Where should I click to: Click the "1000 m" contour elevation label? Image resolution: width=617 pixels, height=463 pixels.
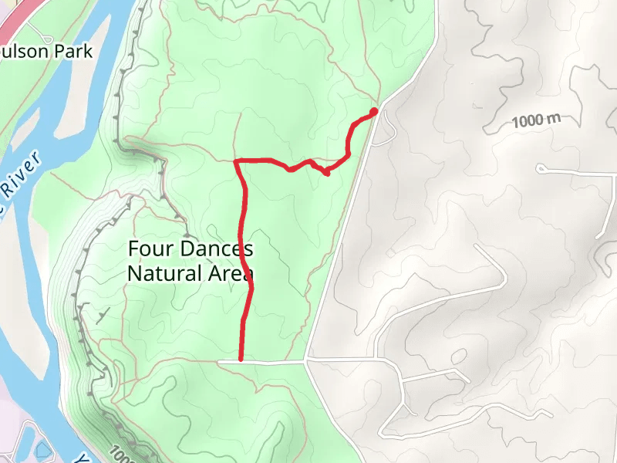[x=534, y=120]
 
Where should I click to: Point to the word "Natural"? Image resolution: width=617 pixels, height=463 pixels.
[x=162, y=273]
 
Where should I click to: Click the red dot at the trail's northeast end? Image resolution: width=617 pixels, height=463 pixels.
[x=374, y=112]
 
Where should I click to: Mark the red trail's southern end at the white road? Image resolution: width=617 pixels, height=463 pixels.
[x=241, y=359]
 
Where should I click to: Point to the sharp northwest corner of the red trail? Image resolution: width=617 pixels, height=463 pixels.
[x=237, y=161]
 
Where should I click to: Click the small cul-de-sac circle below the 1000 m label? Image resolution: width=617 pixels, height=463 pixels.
[x=541, y=167]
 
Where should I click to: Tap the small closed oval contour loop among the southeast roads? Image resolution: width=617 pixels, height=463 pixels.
[x=460, y=357]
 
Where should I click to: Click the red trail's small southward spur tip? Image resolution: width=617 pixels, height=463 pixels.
[x=327, y=173]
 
